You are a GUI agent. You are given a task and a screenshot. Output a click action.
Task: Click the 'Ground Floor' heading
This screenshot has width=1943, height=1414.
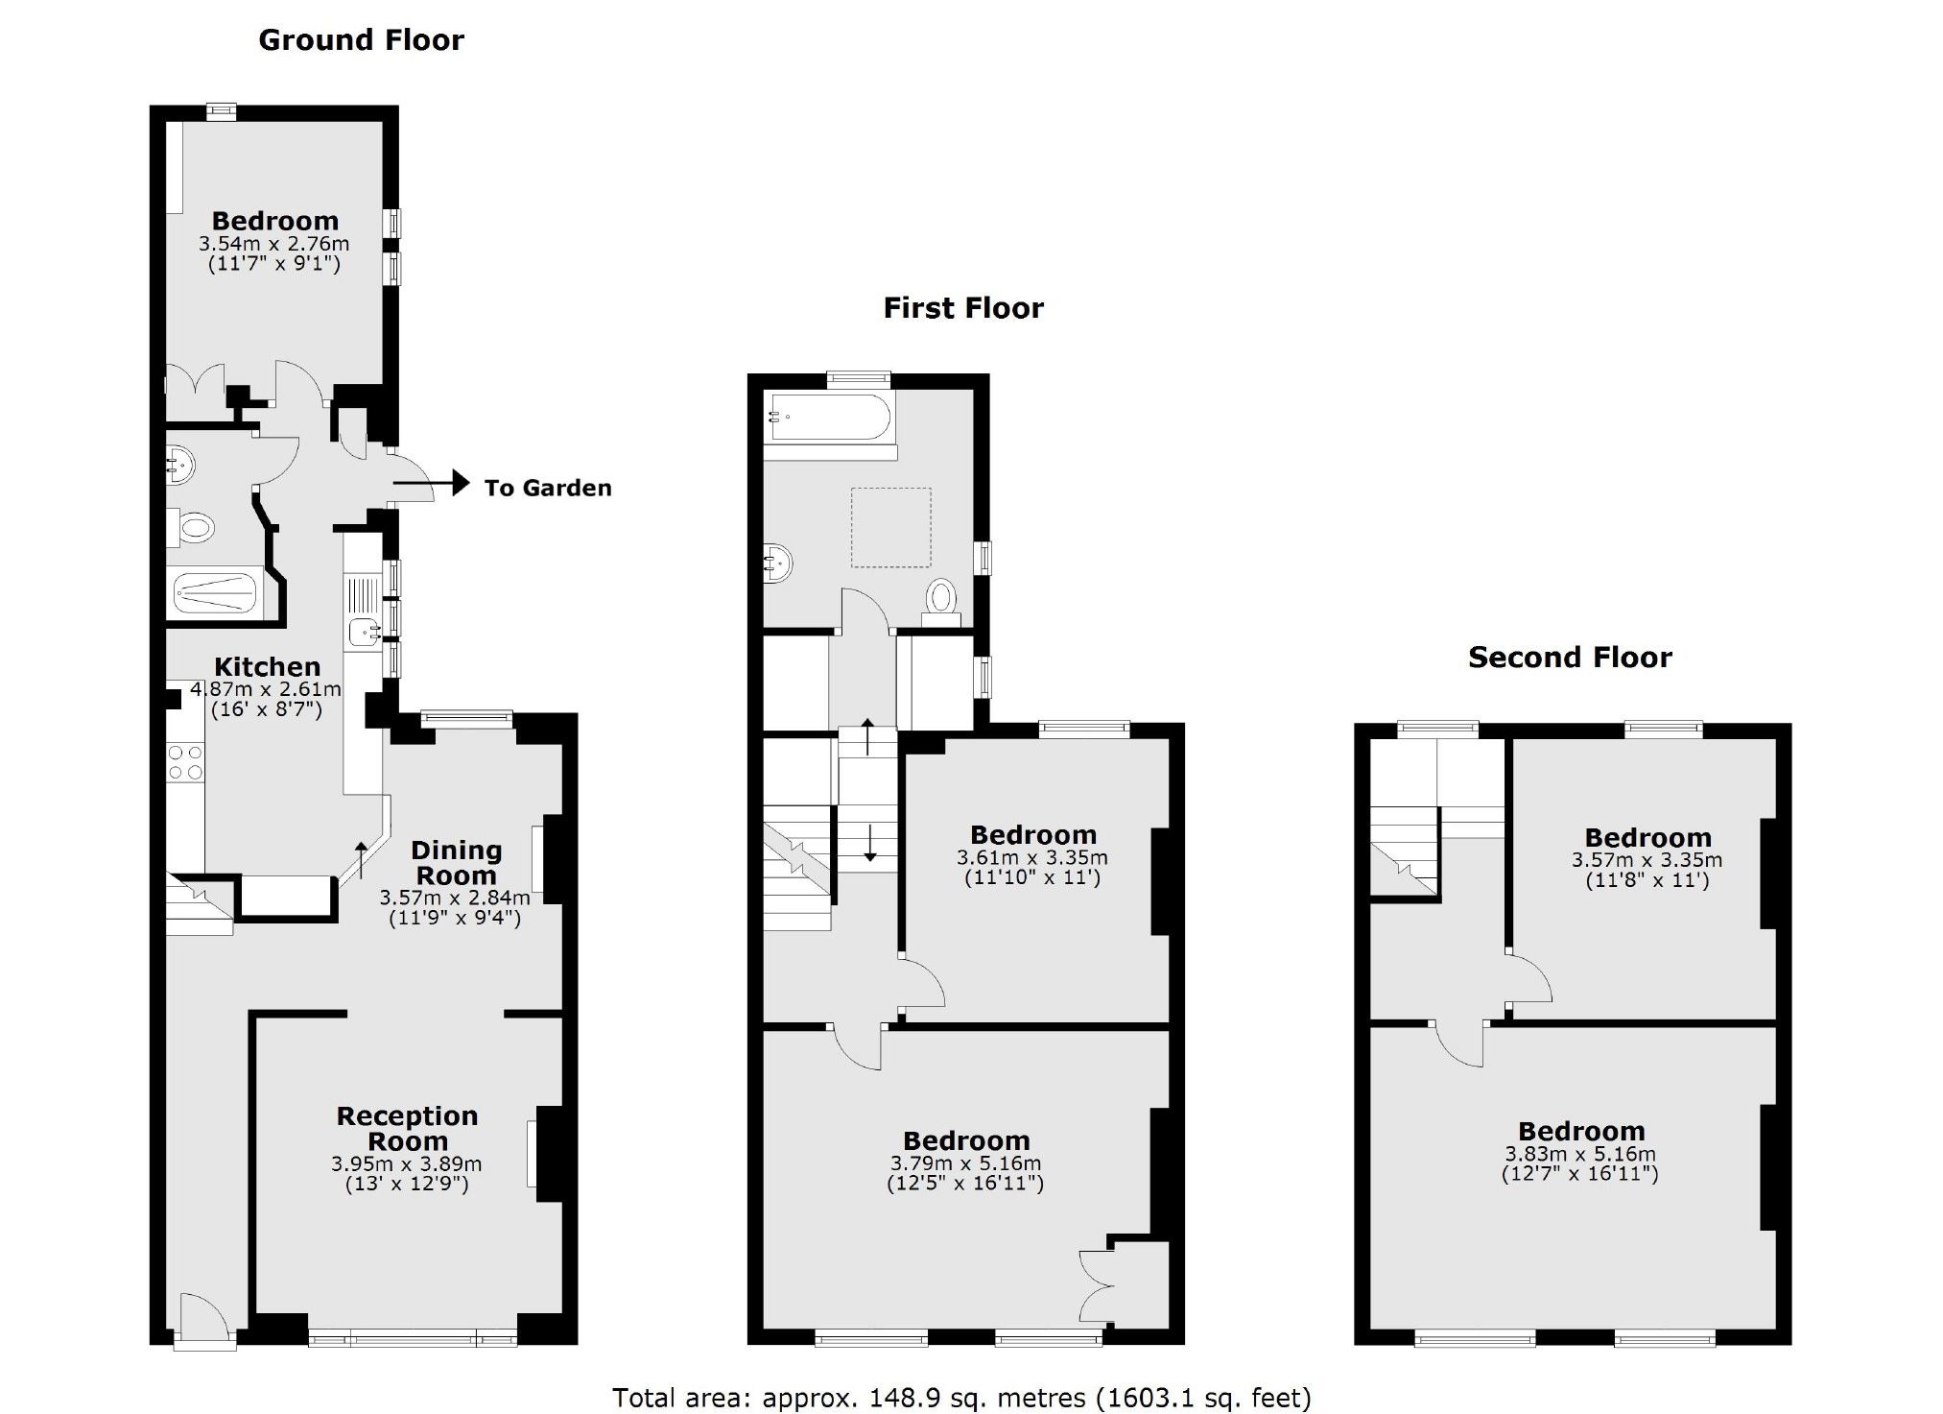[361, 40]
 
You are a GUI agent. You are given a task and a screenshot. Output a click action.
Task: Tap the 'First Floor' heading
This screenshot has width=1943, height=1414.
[962, 308]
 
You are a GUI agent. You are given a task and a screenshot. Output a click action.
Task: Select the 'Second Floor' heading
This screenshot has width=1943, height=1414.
[1570, 658]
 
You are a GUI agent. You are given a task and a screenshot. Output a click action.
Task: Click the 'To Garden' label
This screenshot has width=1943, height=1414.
[547, 489]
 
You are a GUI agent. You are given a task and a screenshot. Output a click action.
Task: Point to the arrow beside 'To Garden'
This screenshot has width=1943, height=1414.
[433, 483]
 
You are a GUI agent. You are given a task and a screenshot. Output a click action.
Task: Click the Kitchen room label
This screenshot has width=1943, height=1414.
[267, 667]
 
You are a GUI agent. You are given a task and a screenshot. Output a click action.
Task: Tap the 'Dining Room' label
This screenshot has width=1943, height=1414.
[456, 863]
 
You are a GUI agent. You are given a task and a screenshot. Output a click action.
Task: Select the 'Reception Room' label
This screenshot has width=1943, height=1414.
[407, 1129]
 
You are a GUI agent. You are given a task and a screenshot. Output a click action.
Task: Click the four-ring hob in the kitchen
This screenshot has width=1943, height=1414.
[185, 762]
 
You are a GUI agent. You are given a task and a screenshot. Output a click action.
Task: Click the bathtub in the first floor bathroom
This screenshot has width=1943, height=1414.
[830, 418]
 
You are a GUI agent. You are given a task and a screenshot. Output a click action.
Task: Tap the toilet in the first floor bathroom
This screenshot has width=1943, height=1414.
[941, 600]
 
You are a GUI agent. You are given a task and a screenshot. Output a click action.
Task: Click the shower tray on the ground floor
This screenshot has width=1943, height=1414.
[215, 594]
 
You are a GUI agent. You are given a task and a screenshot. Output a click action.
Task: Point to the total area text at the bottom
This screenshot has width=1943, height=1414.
[961, 1398]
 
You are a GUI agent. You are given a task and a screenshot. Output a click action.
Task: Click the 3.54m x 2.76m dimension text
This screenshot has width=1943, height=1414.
[274, 244]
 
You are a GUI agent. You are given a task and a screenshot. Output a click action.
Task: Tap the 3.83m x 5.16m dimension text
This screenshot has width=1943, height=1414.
[1579, 1154]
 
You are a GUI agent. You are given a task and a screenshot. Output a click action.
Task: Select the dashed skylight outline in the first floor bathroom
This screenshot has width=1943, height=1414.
[890, 527]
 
